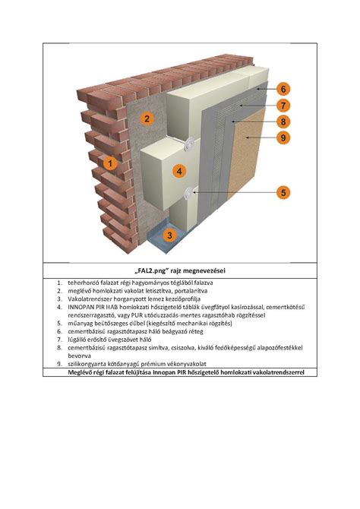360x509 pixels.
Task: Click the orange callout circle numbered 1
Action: tap(110, 163)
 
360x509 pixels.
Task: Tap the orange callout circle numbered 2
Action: tap(147, 119)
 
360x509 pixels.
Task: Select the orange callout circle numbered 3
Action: tap(169, 235)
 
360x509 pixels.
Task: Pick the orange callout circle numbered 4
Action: tap(179, 171)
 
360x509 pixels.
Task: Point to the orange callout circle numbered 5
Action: tap(283, 192)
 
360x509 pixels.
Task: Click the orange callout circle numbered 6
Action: tap(283, 89)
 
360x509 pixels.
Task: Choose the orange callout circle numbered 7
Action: tap(283, 105)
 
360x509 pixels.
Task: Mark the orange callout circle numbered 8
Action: tap(283, 122)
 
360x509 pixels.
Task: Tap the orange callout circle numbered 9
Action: tap(283, 138)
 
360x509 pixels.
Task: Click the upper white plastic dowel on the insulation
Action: tap(189, 144)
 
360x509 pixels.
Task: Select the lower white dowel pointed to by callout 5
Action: tap(189, 194)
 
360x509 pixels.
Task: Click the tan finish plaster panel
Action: tap(247, 153)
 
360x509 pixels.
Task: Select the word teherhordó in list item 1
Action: tap(81, 283)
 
